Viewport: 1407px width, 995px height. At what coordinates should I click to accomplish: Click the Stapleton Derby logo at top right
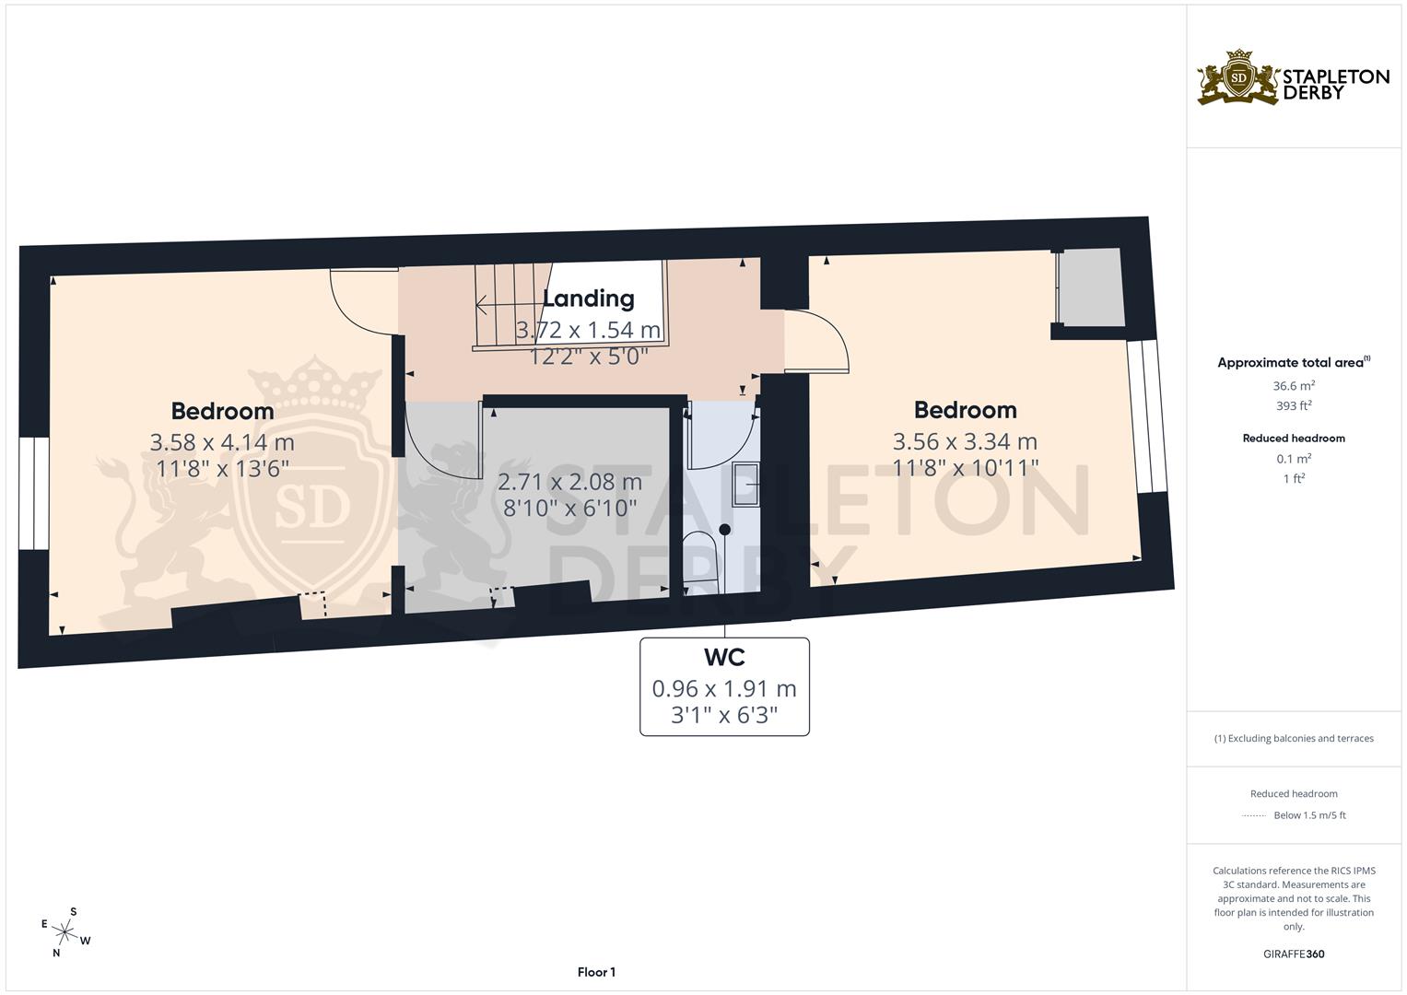(1293, 77)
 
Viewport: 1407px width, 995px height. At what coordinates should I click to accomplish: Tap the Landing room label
(588, 298)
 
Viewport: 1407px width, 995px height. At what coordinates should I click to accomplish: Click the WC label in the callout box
(724, 658)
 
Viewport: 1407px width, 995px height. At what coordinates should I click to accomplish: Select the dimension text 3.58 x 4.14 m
(222, 443)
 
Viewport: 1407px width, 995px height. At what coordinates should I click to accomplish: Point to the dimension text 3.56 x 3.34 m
(965, 441)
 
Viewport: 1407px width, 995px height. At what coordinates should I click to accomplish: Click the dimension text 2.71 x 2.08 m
(569, 482)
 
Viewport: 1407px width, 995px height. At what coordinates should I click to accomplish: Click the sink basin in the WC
(745, 483)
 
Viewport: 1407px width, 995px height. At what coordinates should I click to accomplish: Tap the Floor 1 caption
(596, 972)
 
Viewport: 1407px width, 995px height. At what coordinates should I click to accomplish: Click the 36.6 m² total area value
(1294, 386)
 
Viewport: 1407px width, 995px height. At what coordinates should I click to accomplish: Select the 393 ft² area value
(1294, 405)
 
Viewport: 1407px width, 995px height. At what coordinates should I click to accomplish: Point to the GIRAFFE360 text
(1294, 954)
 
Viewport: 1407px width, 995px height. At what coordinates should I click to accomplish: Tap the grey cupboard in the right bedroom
(1092, 287)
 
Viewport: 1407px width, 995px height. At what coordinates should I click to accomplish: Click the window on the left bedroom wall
(34, 493)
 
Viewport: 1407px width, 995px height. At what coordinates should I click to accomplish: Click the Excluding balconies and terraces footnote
(1294, 738)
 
